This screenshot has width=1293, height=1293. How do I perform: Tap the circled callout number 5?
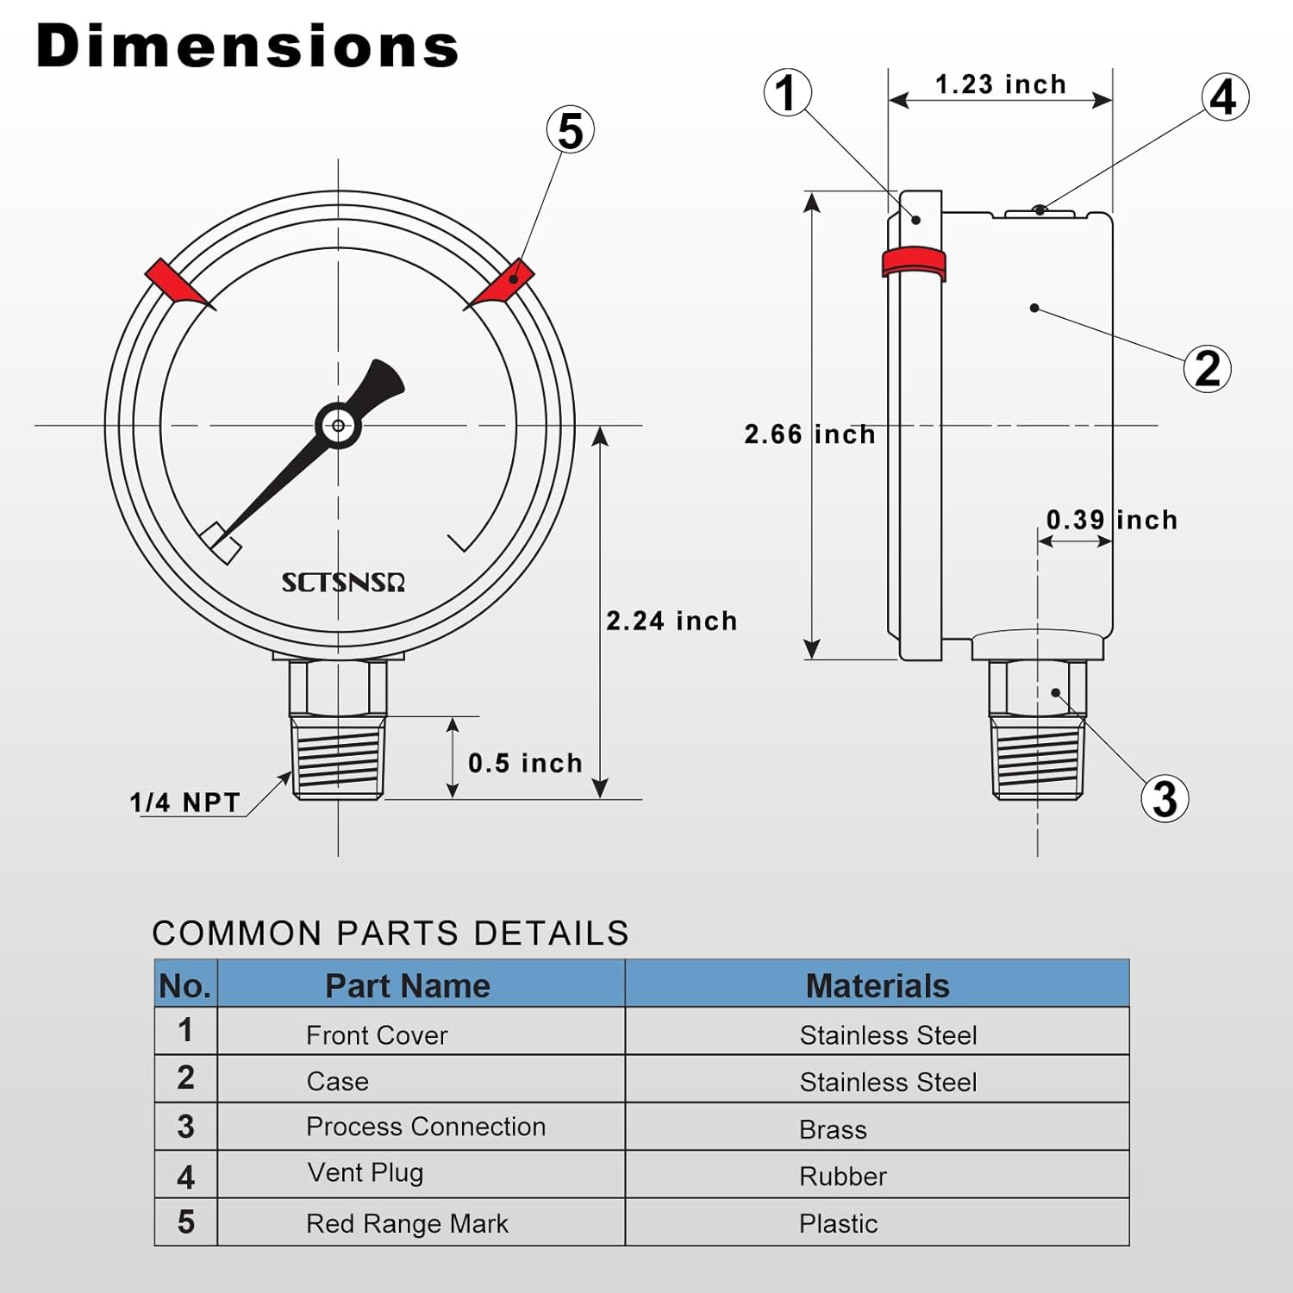coord(571,130)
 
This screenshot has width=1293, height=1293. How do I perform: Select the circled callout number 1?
coord(787,93)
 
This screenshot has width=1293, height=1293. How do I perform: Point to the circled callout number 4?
coord(1225,97)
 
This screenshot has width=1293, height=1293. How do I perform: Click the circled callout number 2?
coord(1207,368)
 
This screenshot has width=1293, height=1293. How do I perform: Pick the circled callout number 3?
coord(1165,798)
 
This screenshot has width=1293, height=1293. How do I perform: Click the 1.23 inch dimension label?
coord(1001,84)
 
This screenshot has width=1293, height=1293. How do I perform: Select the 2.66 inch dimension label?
coord(809,434)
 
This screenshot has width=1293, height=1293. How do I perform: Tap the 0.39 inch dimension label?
coord(1111,520)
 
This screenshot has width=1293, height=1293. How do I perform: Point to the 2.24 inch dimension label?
coord(671,621)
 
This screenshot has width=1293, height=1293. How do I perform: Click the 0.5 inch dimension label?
coord(525,763)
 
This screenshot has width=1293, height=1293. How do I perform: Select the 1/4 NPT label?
coord(184,803)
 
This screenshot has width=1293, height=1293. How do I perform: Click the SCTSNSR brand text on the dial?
coord(343,583)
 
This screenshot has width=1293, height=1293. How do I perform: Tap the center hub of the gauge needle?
coord(338,425)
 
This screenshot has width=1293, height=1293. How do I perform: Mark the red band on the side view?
coord(914,262)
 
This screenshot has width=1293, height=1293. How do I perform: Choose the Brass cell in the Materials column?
coord(833,1129)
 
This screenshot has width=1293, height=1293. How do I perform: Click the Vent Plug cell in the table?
coord(365,1172)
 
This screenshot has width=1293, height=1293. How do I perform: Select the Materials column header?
coord(877,985)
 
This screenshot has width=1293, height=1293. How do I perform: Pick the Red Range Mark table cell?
coord(407,1223)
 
